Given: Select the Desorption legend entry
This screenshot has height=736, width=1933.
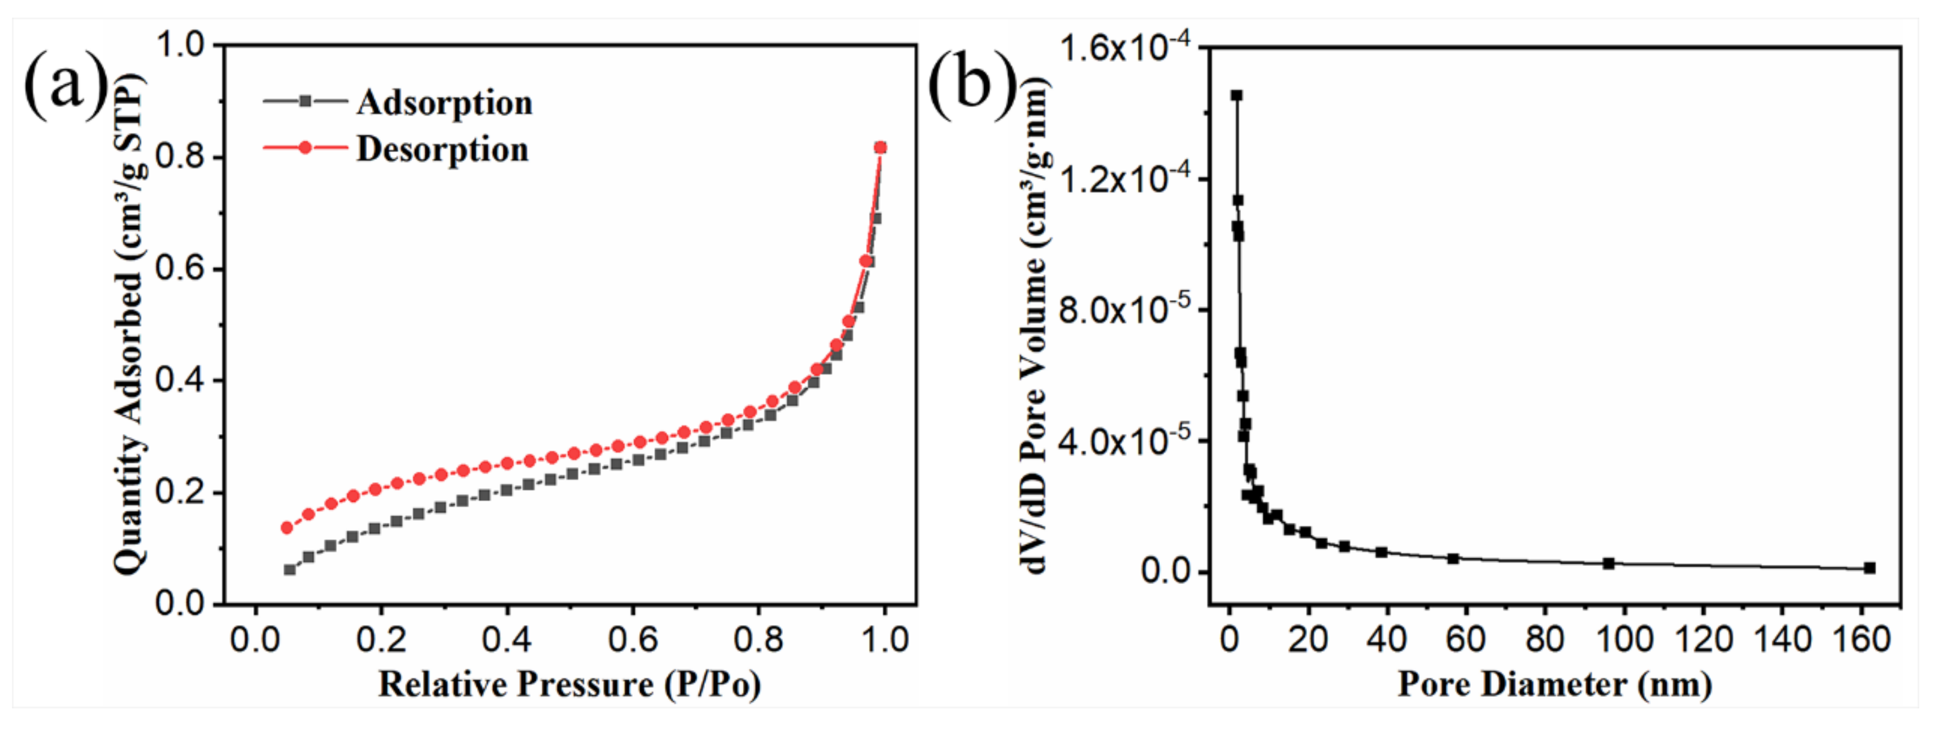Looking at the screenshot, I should coord(442,149).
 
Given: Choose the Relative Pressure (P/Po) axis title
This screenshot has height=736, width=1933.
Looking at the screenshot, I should coord(569,684).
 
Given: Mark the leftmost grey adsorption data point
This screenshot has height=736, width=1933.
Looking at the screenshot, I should coord(290,570).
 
